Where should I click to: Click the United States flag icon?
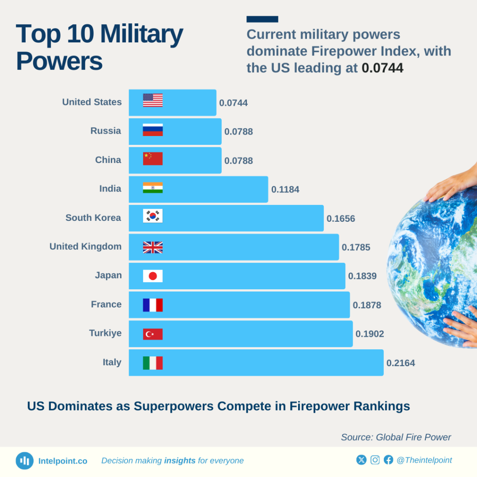click(x=153, y=100)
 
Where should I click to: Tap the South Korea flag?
click(x=153, y=216)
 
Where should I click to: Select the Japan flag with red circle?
click(x=153, y=276)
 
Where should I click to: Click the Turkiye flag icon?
click(x=153, y=334)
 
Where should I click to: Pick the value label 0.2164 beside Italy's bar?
click(x=401, y=363)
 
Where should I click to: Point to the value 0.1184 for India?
click(x=285, y=190)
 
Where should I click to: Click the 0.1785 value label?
click(x=356, y=247)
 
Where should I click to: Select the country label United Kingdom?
click(x=85, y=246)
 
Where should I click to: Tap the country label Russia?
click(x=106, y=131)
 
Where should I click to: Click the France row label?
click(x=106, y=304)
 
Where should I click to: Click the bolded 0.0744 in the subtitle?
click(x=382, y=68)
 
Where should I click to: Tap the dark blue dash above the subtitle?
click(x=262, y=19)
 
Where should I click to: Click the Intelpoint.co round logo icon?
click(x=25, y=461)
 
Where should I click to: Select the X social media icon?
click(x=361, y=460)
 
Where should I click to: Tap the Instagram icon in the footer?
click(x=375, y=460)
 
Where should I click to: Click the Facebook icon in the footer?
click(x=388, y=460)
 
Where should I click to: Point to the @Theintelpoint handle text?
click(x=424, y=460)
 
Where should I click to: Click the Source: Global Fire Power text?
click(x=396, y=437)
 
